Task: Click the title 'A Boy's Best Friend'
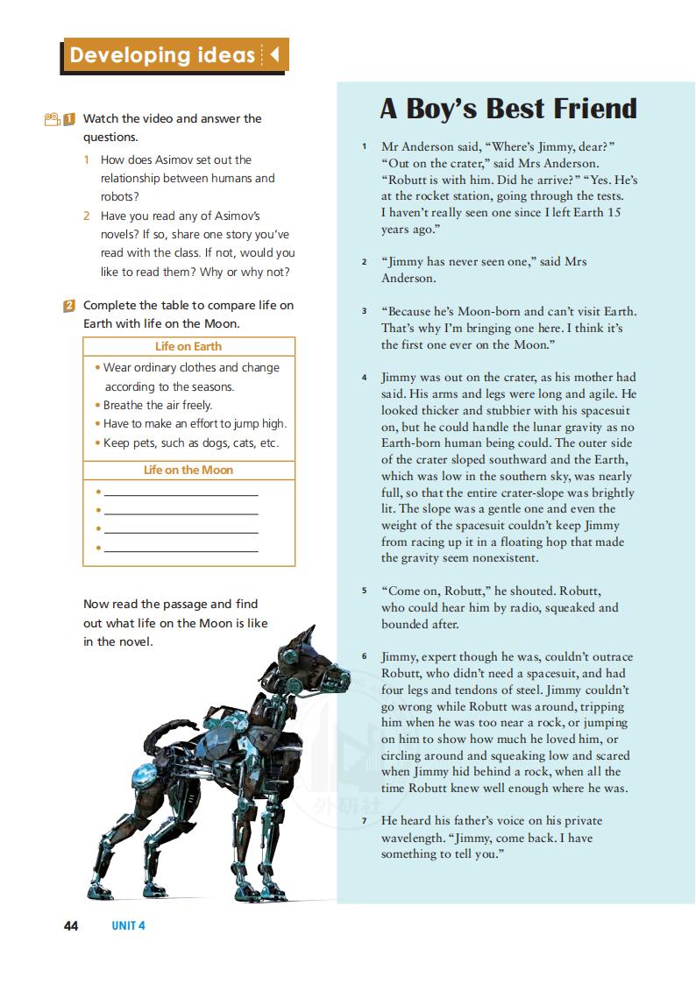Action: pos(508,109)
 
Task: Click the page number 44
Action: pos(71,926)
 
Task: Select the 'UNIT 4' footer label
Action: pos(128,926)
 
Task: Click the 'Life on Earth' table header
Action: pos(188,346)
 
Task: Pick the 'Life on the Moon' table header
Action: pos(188,470)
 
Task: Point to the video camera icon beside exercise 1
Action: pos(52,119)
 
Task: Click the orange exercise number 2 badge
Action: pos(69,306)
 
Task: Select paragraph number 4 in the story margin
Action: pos(364,378)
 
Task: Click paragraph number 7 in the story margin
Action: pos(364,821)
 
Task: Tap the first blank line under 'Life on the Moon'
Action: pos(181,495)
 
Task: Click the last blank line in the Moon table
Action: pos(181,550)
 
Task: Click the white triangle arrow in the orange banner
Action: pos(274,55)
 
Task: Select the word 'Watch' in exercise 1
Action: pos(101,118)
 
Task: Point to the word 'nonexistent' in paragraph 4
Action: pos(504,558)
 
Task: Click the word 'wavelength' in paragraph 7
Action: pos(414,838)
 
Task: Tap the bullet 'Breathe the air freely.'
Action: pos(158,405)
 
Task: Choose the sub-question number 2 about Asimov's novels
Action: pos(87,216)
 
